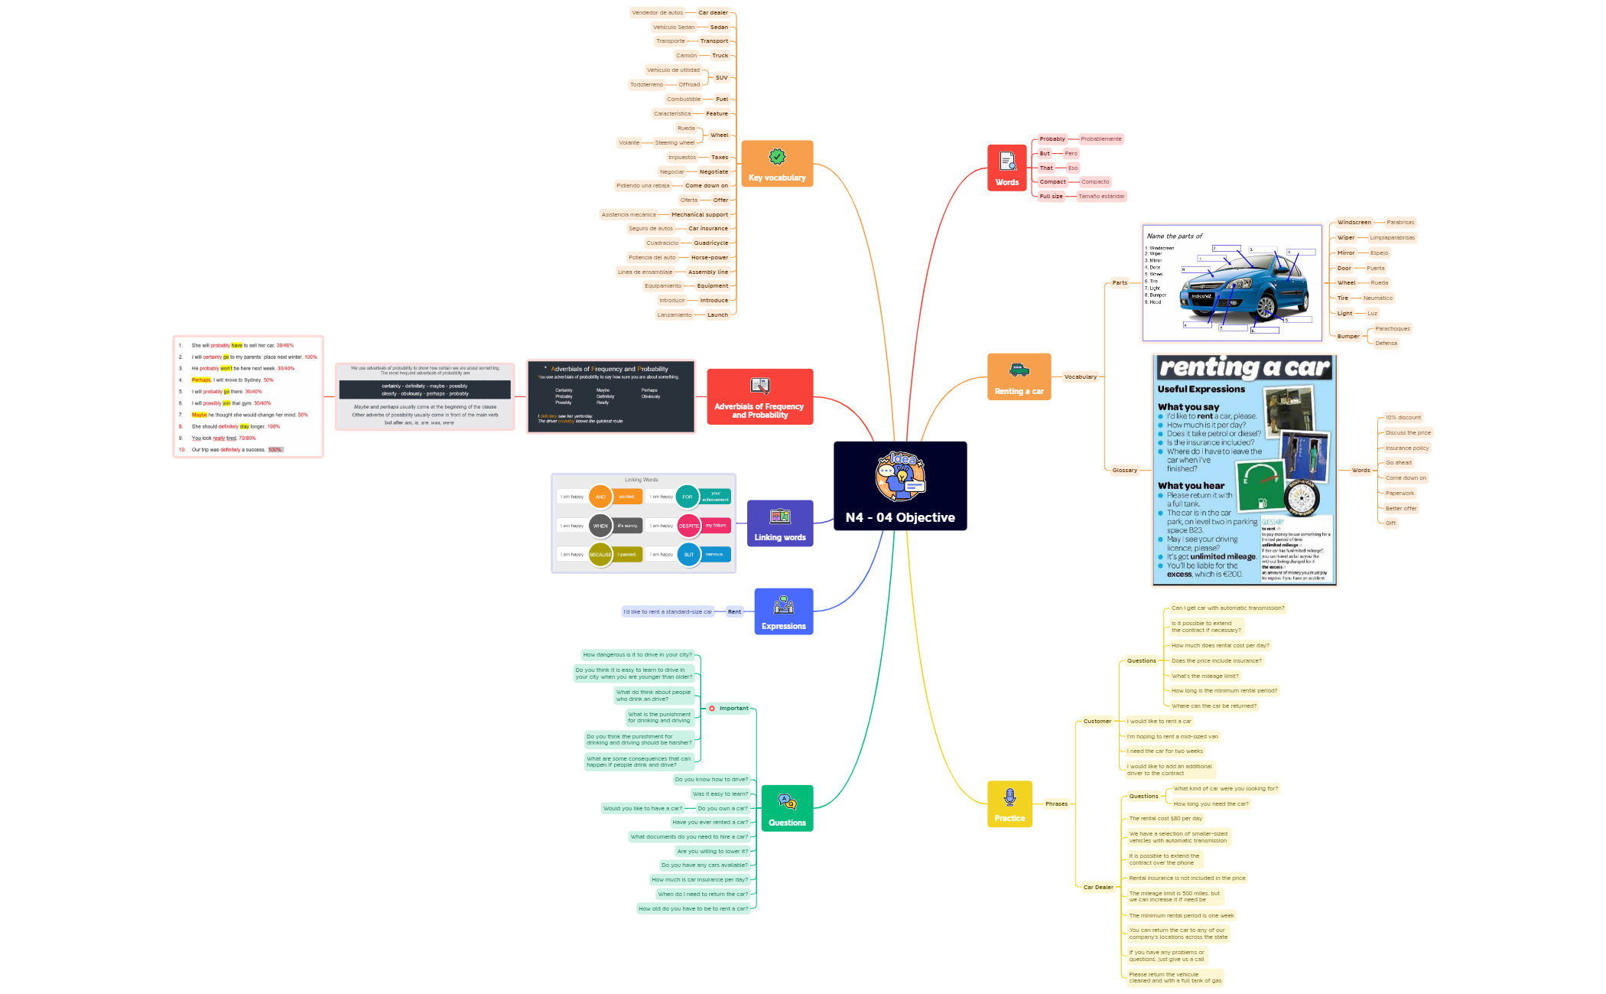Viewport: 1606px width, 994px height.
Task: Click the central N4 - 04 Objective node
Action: [900, 486]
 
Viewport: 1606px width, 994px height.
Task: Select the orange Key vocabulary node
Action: [777, 164]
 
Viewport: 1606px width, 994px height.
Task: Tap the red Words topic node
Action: [1006, 168]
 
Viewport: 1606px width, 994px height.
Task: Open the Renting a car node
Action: [1019, 376]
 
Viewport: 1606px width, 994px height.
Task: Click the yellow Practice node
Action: [1009, 803]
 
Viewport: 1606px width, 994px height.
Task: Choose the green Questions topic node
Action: [787, 808]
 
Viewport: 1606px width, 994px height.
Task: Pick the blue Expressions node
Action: [783, 611]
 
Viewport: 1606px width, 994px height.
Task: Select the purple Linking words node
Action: [779, 523]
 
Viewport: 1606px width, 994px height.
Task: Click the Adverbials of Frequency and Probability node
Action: [759, 396]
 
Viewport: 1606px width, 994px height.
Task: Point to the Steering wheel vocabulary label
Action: [675, 143]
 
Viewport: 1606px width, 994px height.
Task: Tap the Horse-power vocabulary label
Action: [710, 258]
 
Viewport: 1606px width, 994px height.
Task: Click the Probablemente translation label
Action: [1100, 139]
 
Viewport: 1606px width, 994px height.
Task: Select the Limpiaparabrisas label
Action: [1392, 238]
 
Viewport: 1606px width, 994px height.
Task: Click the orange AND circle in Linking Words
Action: [600, 497]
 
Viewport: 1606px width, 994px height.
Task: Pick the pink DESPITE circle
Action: [689, 526]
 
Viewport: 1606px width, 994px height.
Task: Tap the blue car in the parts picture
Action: [1254, 283]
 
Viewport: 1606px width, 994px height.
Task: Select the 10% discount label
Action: [1403, 418]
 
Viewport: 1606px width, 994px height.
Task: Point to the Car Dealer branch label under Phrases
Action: [1098, 888]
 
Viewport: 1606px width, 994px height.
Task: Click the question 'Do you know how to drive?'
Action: [711, 780]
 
